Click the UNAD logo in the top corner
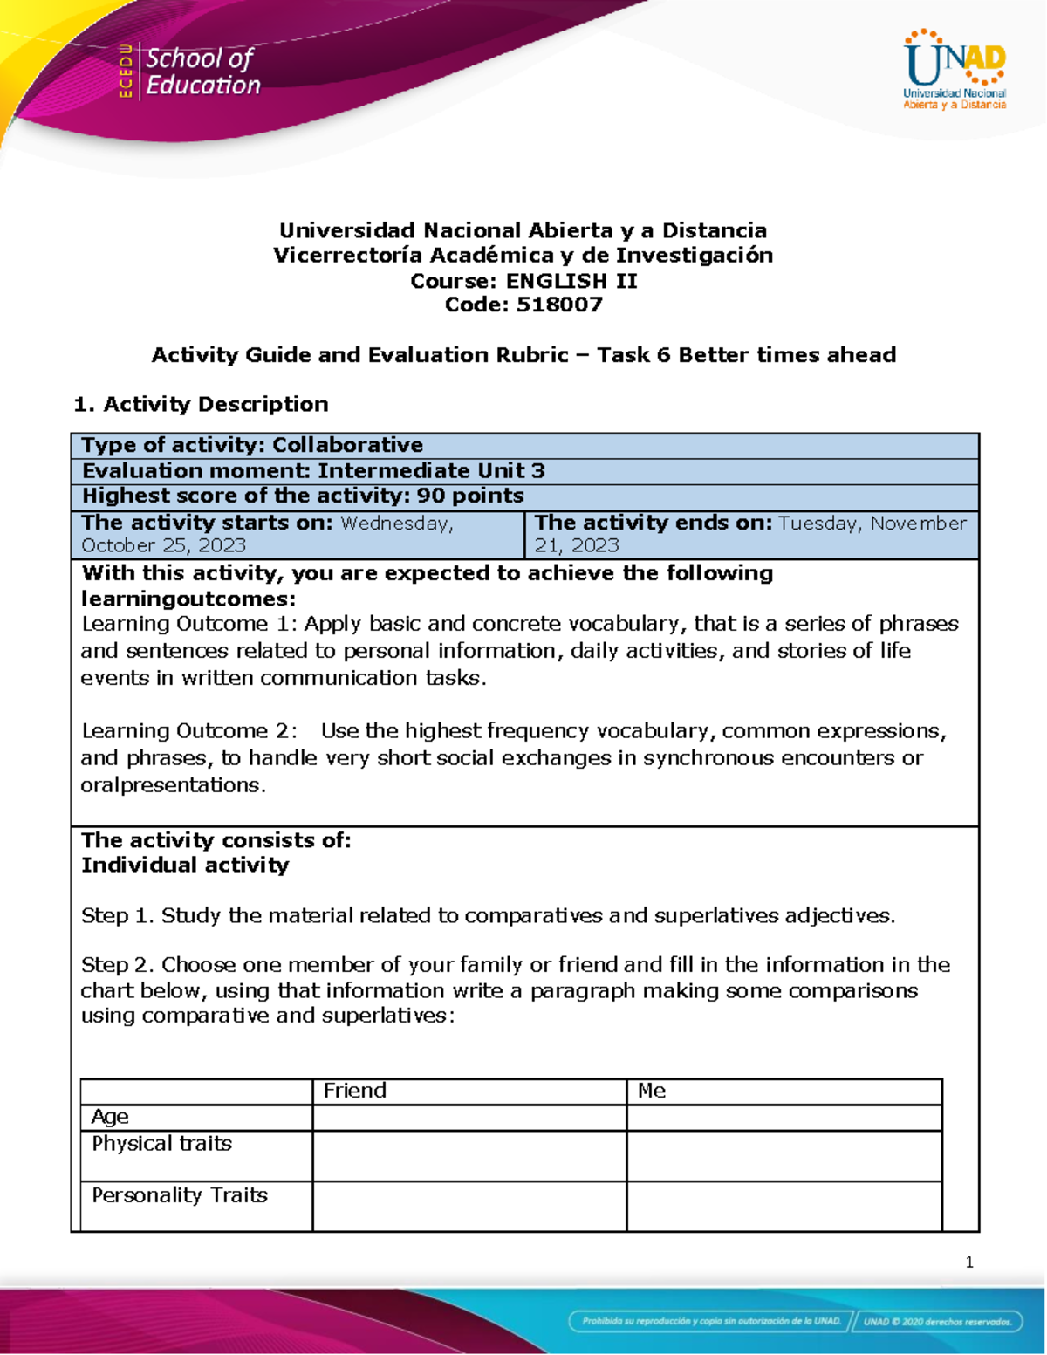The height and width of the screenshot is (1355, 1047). click(x=955, y=70)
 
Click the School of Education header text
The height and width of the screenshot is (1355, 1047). click(x=202, y=72)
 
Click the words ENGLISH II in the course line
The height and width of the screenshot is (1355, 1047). click(x=571, y=281)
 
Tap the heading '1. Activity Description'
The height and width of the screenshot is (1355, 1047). click(x=201, y=404)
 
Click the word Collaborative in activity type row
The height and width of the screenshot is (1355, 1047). click(x=347, y=445)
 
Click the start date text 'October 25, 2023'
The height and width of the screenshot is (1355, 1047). click(x=163, y=545)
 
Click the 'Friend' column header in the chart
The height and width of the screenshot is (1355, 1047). click(x=354, y=1091)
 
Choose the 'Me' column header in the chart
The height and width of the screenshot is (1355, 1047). click(x=652, y=1091)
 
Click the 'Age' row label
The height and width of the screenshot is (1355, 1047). click(x=110, y=1117)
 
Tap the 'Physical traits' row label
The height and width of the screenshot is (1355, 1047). click(x=161, y=1144)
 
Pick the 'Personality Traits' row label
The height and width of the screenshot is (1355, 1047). click(x=180, y=1195)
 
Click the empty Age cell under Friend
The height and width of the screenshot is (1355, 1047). click(x=469, y=1118)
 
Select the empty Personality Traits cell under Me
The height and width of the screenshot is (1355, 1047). click(x=784, y=1207)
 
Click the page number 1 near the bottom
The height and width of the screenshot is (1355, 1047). click(x=969, y=1263)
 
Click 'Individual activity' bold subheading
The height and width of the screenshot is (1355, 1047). click(x=185, y=866)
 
